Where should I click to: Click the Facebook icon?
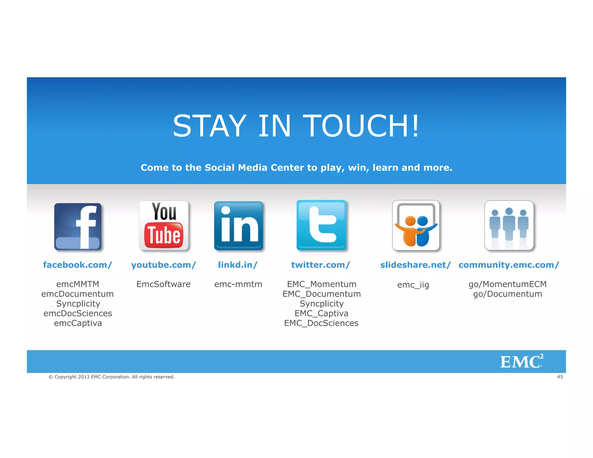click(x=78, y=226)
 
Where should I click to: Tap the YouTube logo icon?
click(x=164, y=226)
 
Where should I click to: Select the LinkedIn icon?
click(x=239, y=226)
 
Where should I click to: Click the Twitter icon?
click(x=321, y=225)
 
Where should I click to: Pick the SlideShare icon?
click(x=416, y=225)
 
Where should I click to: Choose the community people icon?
click(x=509, y=225)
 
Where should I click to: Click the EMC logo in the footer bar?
click(x=521, y=361)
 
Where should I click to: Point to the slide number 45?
click(x=560, y=377)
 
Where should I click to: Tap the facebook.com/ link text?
click(x=77, y=265)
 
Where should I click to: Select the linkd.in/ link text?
click(x=238, y=265)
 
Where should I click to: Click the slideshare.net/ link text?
click(x=415, y=265)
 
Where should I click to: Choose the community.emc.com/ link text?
click(x=508, y=265)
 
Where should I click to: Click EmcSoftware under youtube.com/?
click(x=163, y=284)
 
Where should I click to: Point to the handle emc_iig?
click(x=413, y=285)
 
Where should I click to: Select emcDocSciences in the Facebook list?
click(x=78, y=313)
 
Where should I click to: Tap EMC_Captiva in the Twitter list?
click(x=321, y=313)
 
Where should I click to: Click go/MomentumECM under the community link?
click(x=508, y=284)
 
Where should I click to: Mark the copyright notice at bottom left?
click(x=111, y=377)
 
